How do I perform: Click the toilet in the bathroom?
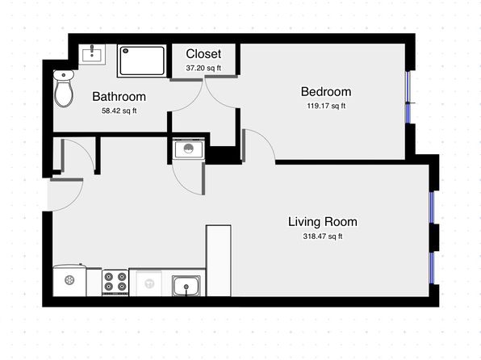pos(64,89)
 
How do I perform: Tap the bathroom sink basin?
pos(92,54)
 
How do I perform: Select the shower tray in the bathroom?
pos(142,61)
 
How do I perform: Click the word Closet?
pos(203,54)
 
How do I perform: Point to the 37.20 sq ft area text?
pos(203,68)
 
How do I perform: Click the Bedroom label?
pos(326,92)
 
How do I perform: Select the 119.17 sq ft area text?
pos(326,106)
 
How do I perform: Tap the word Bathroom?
pos(119,97)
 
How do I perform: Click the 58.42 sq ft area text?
pos(119,111)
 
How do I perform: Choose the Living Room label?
pos(323,222)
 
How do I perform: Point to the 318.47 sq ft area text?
pos(323,237)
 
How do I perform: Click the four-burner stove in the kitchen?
pos(115,283)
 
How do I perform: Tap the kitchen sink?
pos(186,286)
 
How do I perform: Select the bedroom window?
pos(408,97)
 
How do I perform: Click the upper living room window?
pos(432,207)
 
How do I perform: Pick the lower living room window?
pos(432,268)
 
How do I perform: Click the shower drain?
pos(125,51)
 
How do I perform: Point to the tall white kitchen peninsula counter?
pos(219,261)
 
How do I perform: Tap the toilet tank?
pos(64,75)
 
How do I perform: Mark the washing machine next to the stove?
pos(69,280)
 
